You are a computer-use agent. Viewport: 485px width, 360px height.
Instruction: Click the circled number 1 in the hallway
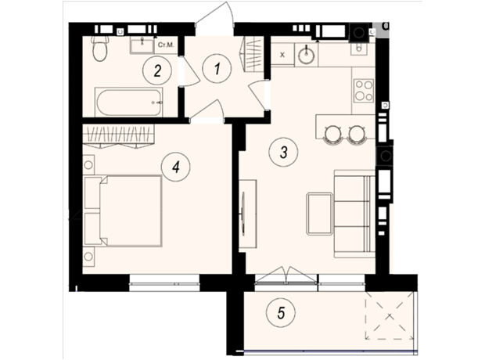click(217, 68)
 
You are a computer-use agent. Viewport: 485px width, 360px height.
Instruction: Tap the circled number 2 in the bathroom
click(157, 71)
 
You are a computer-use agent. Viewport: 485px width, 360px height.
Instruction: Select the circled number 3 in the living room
click(283, 152)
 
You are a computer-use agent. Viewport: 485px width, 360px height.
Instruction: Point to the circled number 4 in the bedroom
click(176, 167)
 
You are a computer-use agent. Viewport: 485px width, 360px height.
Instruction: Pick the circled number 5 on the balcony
click(281, 312)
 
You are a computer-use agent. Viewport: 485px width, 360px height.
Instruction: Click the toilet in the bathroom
click(99, 48)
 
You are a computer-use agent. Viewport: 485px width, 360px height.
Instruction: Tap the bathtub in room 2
click(128, 102)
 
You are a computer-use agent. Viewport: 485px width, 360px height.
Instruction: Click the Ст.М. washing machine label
click(166, 45)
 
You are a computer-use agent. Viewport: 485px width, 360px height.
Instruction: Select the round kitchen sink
click(306, 55)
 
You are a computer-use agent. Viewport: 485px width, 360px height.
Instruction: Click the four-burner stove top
click(364, 90)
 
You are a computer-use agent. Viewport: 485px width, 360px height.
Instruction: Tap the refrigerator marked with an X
click(282, 55)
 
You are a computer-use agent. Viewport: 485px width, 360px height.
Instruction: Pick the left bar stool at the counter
click(332, 134)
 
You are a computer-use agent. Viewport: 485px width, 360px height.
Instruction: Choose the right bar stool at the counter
click(357, 134)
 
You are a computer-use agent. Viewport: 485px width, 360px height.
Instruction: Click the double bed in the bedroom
click(123, 211)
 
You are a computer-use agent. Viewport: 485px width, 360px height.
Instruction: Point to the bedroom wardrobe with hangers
click(118, 136)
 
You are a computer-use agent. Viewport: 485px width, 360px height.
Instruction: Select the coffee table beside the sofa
click(319, 214)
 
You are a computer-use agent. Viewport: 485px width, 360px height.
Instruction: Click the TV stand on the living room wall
click(248, 214)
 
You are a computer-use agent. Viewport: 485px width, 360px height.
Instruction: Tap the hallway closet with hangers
click(253, 55)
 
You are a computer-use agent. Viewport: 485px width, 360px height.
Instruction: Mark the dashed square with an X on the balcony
click(389, 315)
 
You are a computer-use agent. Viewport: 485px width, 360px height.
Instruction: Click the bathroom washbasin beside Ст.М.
click(142, 46)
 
